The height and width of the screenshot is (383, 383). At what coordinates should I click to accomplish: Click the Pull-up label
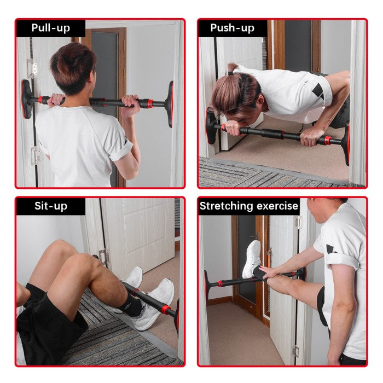pyautogui.click(x=50, y=28)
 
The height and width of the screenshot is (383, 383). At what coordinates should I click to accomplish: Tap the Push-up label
pyautogui.click(x=232, y=28)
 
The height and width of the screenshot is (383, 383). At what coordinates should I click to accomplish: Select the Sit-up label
pyautogui.click(x=50, y=206)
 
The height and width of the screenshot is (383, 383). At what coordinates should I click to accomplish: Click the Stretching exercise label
pyautogui.click(x=249, y=206)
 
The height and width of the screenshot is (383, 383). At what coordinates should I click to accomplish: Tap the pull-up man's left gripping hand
pyautogui.click(x=56, y=100)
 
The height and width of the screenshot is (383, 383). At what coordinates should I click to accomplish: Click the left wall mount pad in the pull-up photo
pyautogui.click(x=27, y=98)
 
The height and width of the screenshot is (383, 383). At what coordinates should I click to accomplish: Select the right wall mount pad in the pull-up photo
pyautogui.click(x=170, y=103)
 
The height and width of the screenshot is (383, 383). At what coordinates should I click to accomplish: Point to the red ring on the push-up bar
pyautogui.click(x=328, y=140)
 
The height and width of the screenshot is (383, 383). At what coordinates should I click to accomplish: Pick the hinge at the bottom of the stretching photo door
pyautogui.click(x=295, y=351)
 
